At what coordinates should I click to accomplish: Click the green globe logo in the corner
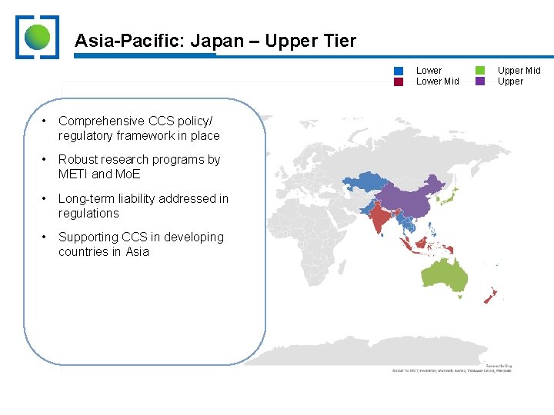tap(37, 37)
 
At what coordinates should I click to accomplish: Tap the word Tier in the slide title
tap(339, 41)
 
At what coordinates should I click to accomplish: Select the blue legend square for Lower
tap(399, 71)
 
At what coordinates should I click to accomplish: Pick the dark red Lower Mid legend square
tap(399, 81)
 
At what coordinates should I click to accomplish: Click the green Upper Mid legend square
tap(480, 71)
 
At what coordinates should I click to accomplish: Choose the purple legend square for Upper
tap(480, 81)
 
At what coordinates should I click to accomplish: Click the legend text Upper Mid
tap(519, 71)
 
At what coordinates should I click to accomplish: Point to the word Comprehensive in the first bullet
tap(102, 121)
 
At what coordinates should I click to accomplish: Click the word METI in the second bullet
tap(75, 174)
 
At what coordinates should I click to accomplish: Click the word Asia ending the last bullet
tap(138, 252)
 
